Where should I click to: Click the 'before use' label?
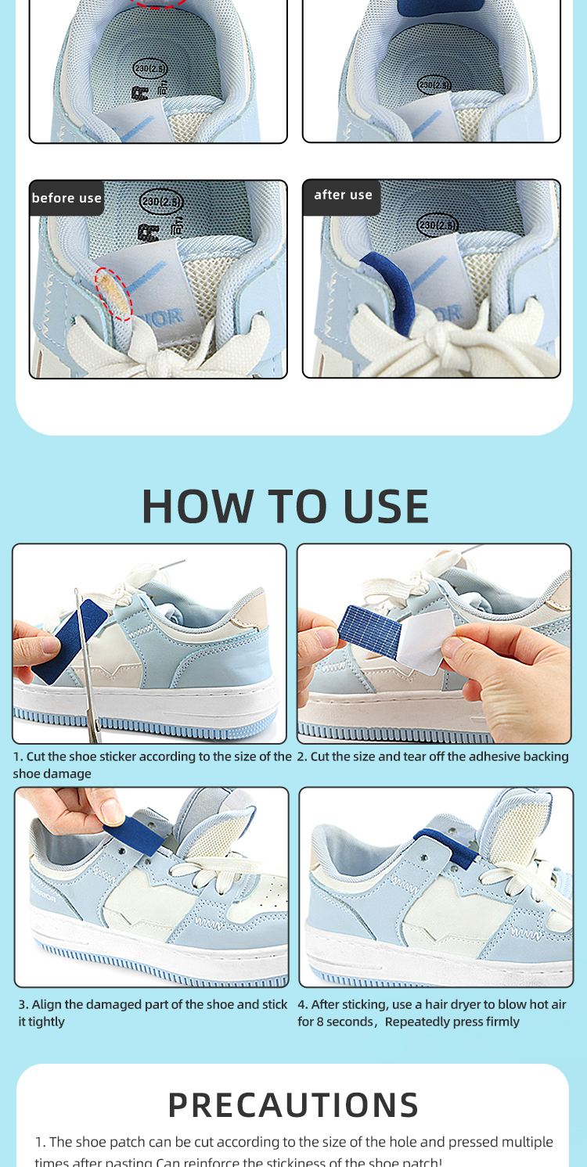[67, 198]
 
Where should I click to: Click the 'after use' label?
[343, 196]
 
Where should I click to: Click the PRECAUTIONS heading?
[293, 1104]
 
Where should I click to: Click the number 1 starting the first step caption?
[16, 757]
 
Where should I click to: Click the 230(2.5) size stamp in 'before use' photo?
[161, 202]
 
